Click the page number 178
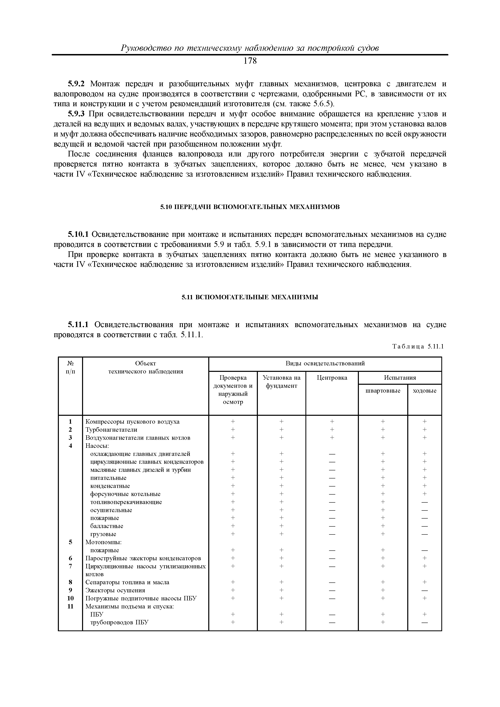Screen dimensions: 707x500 [250, 61]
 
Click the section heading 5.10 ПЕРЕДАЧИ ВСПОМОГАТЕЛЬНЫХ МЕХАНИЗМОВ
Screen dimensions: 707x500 [250, 207]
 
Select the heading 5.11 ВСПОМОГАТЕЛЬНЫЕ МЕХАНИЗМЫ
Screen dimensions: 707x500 [250, 297]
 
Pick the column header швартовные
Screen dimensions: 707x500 [383, 391]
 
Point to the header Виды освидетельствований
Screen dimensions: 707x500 [325, 363]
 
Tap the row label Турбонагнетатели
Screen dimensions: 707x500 [111, 429]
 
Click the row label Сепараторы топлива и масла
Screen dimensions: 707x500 [127, 582]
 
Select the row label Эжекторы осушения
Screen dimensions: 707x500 [115, 590]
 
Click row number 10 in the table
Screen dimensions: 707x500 [71, 598]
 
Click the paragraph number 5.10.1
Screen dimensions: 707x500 [78, 235]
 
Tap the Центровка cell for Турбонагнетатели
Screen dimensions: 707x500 [332, 429]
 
